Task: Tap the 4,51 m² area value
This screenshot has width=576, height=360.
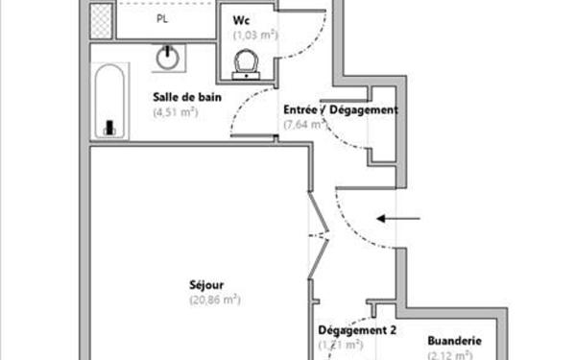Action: (x=175, y=111)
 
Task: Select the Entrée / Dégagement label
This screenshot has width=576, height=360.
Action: (x=340, y=109)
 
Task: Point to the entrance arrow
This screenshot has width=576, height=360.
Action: (x=397, y=219)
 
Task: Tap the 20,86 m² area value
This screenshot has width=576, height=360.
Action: (x=214, y=300)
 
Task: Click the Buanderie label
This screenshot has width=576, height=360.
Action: (x=454, y=341)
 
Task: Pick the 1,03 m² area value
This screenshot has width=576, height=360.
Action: (x=253, y=36)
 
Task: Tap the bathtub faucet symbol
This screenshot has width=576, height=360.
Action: (x=108, y=126)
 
